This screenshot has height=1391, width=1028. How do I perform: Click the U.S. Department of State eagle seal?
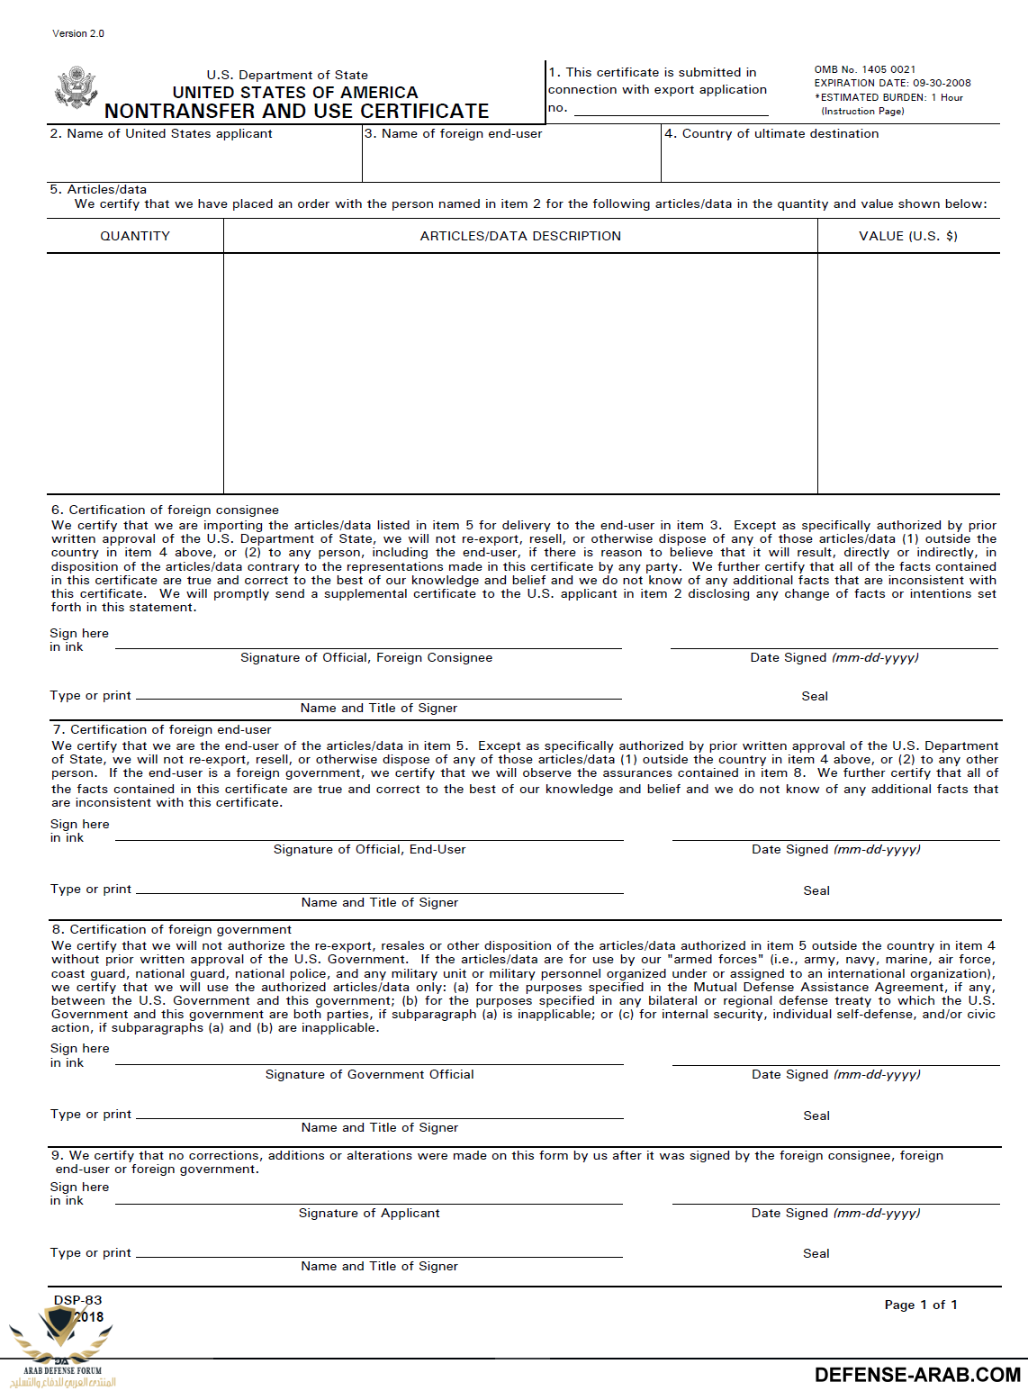pos(76,88)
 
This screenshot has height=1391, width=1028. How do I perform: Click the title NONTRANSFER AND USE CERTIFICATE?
pos(296,111)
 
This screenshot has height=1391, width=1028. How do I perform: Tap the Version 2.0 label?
pos(78,33)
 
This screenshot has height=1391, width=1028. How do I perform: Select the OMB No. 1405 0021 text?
pos(864,69)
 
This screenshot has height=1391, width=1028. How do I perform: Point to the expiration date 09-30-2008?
pos(942,83)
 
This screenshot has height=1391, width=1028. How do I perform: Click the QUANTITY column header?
pos(135,236)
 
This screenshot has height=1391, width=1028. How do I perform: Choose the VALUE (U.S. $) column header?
pos(907,236)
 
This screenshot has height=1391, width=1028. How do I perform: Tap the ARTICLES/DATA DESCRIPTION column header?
pos(520,236)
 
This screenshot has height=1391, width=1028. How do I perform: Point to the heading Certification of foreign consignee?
pos(174,510)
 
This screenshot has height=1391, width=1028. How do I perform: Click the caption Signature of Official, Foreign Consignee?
pos(366,657)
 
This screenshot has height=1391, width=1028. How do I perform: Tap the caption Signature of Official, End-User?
pos(369,849)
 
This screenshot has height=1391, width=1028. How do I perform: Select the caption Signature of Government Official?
pos(369,1074)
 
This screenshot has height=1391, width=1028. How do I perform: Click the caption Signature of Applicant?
pos(369,1213)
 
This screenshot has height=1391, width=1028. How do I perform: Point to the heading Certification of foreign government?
pos(180,929)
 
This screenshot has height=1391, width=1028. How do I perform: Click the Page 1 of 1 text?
pos(920,1305)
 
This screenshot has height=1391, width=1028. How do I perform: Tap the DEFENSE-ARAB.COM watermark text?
pos(916,1375)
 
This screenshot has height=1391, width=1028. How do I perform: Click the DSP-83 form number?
pos(78,1300)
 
